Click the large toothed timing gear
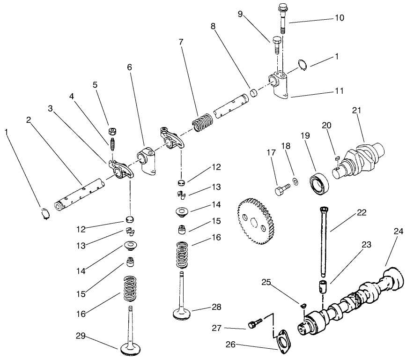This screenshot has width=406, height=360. coord(255,219)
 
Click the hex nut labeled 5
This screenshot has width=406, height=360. coord(112,131)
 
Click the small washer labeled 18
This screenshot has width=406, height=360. coord(295,181)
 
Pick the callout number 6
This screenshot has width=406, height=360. coord(129,67)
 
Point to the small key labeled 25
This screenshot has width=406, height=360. coord(303,306)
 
